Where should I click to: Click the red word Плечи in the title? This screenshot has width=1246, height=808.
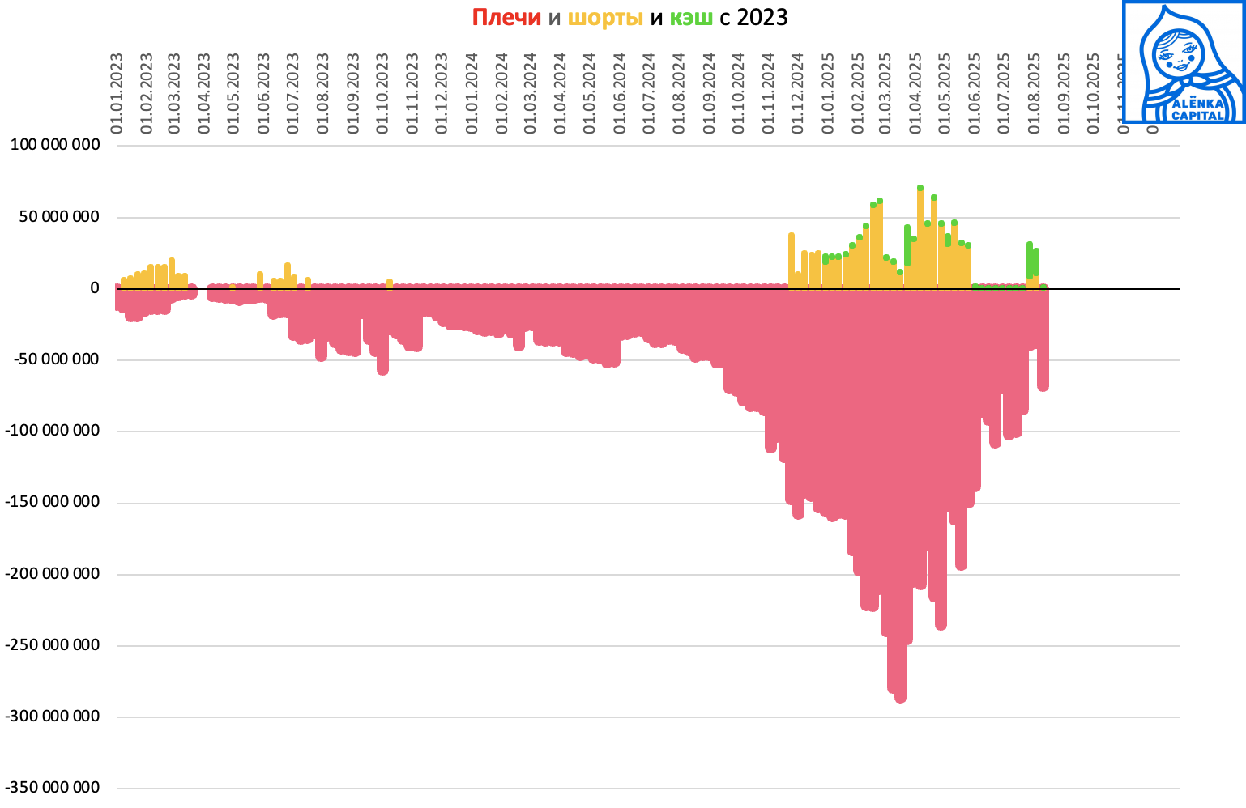pos(506,18)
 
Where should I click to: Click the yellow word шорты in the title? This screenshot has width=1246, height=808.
pos(605,18)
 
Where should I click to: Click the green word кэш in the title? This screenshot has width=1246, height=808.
pos(691,18)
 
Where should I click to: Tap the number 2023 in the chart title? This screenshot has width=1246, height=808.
pos(762,18)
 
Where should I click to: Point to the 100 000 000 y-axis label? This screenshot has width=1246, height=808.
pos(54,146)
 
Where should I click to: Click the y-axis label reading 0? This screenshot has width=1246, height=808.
pos(95,288)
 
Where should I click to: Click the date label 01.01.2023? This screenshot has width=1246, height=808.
pos(117,93)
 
